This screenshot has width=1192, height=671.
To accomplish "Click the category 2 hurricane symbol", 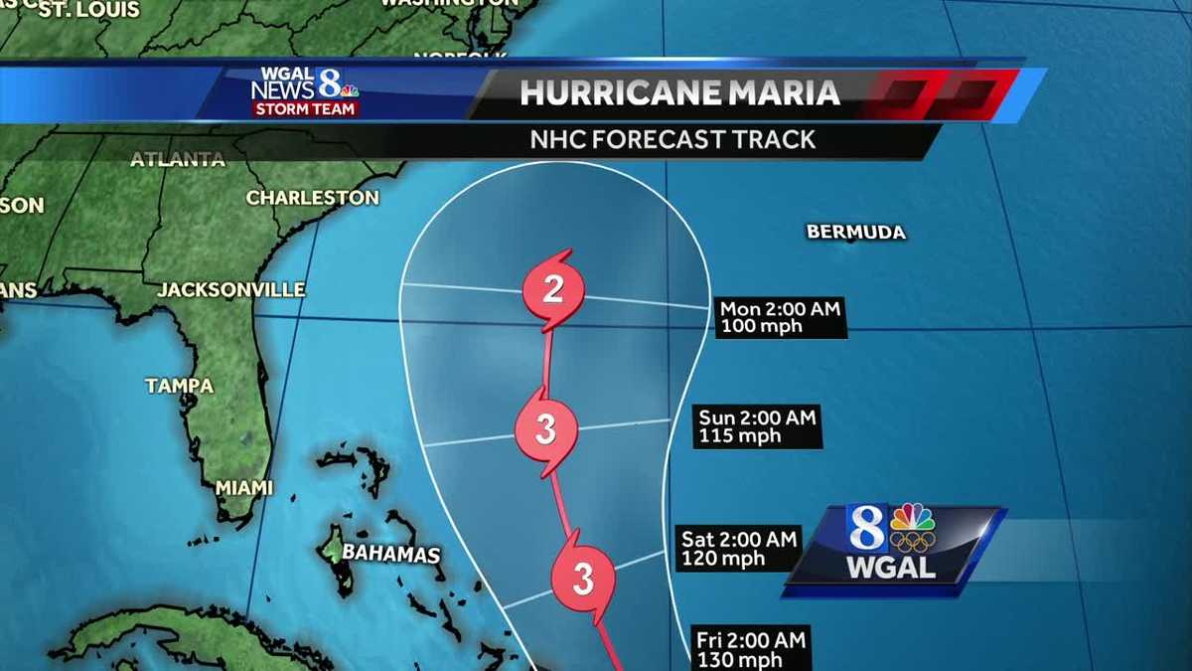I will click(x=553, y=290).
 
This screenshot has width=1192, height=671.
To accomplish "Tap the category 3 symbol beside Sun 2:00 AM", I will click(x=545, y=430).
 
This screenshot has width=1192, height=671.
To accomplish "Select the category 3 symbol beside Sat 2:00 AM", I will click(x=582, y=578).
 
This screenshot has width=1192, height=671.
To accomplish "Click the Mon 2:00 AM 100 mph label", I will click(x=780, y=318).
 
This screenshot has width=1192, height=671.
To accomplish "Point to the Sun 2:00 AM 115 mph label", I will click(x=757, y=426).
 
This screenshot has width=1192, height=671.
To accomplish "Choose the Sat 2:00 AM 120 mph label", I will click(x=738, y=549).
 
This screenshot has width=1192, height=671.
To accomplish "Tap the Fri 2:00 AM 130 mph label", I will click(x=750, y=649).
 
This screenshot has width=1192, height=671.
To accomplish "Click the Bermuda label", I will click(x=855, y=232).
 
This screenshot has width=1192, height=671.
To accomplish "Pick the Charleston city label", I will click(x=312, y=198).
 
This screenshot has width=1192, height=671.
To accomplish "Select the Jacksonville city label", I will click(x=230, y=290).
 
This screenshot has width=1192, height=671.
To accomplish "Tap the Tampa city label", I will click(x=179, y=386).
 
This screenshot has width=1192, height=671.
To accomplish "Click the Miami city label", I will click(x=244, y=488).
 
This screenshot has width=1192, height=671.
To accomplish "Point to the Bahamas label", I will click(x=390, y=554).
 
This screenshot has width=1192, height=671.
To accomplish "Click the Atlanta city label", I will click(x=178, y=159).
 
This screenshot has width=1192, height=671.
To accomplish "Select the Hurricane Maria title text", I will click(x=679, y=92).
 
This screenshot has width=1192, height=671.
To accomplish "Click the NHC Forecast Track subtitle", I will click(x=672, y=139).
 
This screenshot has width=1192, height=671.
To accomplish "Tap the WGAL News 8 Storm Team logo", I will click(x=305, y=91).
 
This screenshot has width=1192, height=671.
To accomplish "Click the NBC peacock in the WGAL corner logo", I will click(x=912, y=518).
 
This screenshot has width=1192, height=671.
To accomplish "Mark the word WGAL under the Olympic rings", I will click(x=891, y=569).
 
